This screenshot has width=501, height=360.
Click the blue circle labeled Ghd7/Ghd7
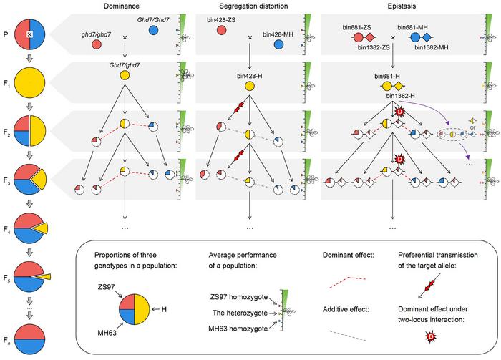155,31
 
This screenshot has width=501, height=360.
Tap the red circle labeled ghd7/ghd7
96,44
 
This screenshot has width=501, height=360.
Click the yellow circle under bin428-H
250,85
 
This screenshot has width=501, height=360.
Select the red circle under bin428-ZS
220,44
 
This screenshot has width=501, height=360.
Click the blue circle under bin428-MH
279,44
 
